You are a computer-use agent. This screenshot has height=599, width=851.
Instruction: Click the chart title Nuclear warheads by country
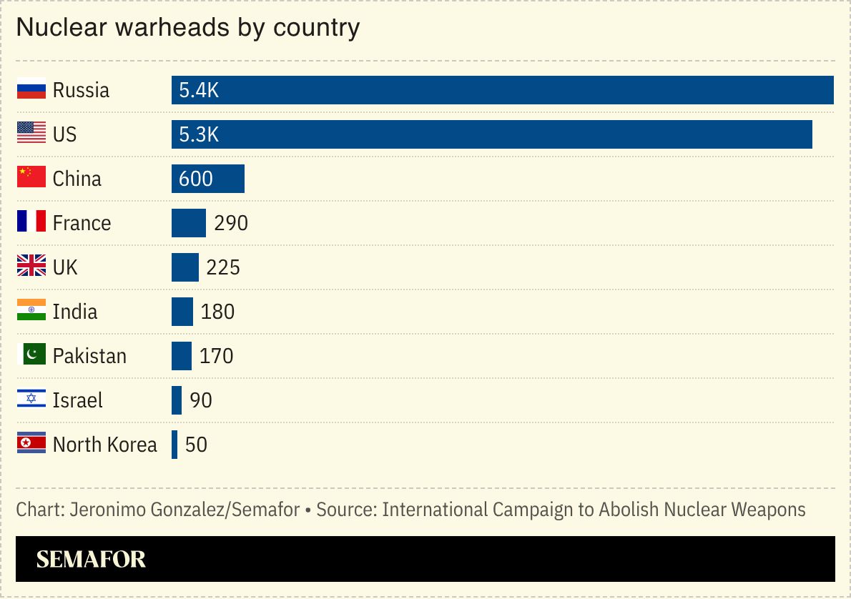click(x=187, y=28)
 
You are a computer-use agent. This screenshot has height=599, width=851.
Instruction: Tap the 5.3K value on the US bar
click(x=199, y=134)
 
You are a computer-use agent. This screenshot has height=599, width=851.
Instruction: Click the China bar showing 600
click(x=208, y=179)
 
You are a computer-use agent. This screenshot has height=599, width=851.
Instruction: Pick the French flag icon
click(x=31, y=222)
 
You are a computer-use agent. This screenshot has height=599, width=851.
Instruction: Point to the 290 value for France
click(x=231, y=223)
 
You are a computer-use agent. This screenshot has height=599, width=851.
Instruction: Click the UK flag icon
click(x=31, y=267)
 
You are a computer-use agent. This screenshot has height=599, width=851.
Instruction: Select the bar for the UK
click(x=185, y=267)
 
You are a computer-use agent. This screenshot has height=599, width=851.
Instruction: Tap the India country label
click(x=75, y=312)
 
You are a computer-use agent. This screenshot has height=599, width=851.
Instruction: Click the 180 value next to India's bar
click(x=217, y=312)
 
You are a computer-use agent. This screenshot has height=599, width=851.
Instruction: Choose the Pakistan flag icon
click(x=31, y=355)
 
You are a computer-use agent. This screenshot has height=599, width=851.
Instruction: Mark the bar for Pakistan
click(x=182, y=356)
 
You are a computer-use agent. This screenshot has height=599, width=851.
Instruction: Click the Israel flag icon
click(x=31, y=400)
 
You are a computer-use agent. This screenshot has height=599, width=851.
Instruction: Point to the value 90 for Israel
click(x=201, y=400)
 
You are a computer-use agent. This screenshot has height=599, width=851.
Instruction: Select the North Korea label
click(x=104, y=445)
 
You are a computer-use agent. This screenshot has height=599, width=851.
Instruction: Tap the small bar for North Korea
click(x=174, y=445)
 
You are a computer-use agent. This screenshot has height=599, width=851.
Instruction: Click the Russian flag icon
click(x=31, y=89)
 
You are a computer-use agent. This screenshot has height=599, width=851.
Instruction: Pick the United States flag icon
click(x=31, y=134)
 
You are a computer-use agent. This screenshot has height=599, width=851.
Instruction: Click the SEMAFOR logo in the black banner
click(x=91, y=559)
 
